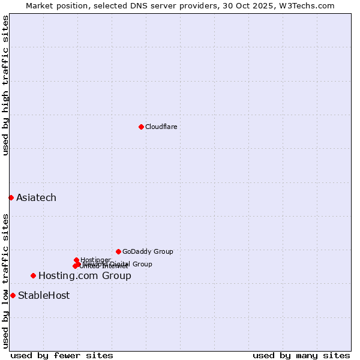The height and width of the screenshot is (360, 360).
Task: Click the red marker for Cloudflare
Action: tap(141, 127)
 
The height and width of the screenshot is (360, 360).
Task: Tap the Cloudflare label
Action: tap(161, 127)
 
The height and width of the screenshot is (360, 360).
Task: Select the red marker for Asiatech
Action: tap(11, 197)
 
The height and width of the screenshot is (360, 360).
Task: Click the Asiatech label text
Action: tap(36, 197)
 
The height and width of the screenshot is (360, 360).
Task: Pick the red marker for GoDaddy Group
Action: tap(118, 251)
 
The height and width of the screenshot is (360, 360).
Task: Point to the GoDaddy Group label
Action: tap(148, 251)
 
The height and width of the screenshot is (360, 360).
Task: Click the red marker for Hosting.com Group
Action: tap(33, 275)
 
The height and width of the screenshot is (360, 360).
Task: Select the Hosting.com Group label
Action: tap(85, 276)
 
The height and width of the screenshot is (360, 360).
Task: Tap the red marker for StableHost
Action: tap(13, 295)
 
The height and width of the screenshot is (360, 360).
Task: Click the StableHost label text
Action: tap(44, 295)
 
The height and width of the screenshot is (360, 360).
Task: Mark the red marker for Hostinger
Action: tap(76, 260)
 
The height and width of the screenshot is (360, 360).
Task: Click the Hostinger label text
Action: tap(95, 259)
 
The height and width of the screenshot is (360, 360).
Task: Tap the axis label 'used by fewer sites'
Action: tap(62, 355)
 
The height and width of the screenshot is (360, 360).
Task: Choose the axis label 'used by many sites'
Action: tap(301, 355)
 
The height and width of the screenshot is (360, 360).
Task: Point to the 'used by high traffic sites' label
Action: tap(5, 85)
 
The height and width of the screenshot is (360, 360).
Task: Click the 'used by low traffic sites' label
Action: tap(5, 281)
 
